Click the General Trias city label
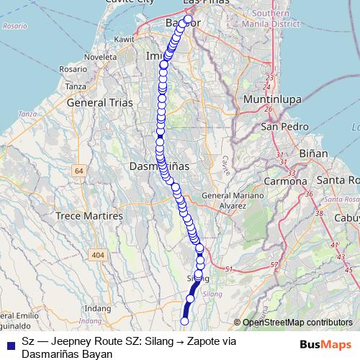[99, 103]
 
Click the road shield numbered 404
[97, 256]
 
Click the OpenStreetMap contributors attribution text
[297, 323]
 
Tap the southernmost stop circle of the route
[184, 321]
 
